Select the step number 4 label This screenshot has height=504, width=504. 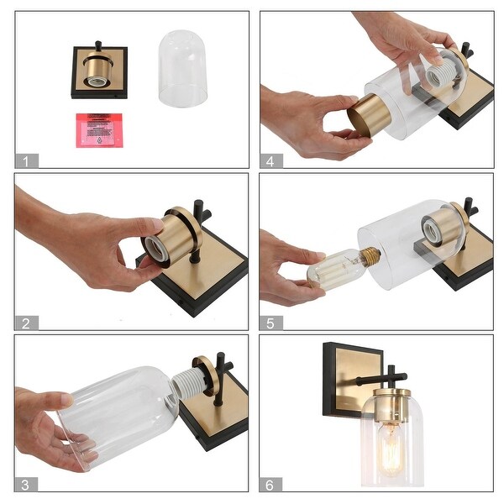coord(270,160)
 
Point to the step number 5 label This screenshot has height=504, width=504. coord(270,323)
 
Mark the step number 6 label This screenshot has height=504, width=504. coord(270,484)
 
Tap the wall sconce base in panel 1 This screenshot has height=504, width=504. coord(99,71)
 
